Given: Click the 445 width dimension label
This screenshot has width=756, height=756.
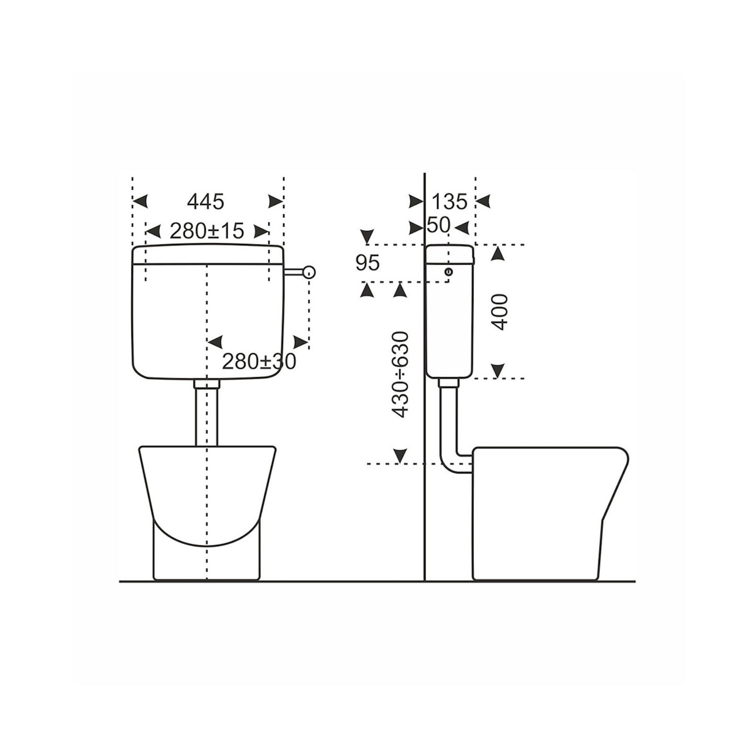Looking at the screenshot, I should pos(206,201).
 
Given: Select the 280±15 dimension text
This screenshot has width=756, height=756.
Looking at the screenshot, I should pos(207,231).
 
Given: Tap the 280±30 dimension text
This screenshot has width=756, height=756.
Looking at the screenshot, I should pos(258,361).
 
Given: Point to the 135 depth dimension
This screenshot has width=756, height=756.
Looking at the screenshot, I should pos(450,201).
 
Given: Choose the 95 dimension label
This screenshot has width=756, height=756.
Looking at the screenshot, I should pos(367,263).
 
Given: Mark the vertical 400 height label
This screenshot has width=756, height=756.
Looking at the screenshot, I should pos(500,312).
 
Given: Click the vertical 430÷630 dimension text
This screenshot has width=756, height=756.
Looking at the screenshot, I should pos(401,374).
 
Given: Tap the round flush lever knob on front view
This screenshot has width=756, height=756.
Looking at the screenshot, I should pos(310,272).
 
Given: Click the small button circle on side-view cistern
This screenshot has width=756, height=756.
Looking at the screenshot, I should pos(448,272).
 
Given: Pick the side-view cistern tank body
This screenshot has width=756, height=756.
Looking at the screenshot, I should pos(450,324).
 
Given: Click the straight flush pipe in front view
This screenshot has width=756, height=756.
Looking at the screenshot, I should pos(207,416).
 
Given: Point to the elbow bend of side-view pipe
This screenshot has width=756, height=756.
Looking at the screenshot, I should pos(450,464).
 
